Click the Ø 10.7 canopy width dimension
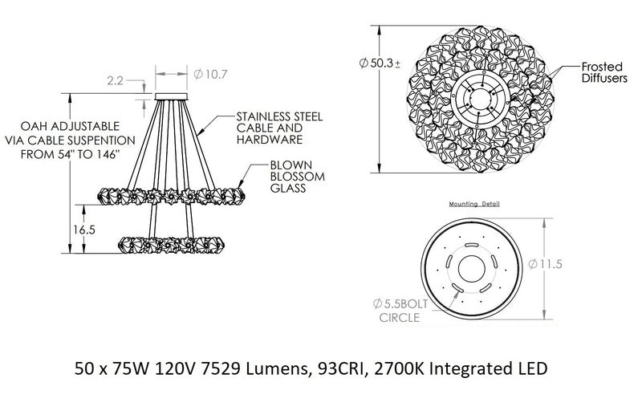click(x=210, y=75)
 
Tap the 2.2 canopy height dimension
click(x=115, y=80)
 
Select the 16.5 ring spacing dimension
click(x=84, y=230)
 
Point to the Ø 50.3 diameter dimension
click(x=380, y=63)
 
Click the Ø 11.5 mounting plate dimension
click(x=546, y=264)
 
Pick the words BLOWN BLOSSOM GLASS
click(x=297, y=177)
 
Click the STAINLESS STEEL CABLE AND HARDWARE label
click(x=279, y=128)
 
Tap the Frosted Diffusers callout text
click(x=604, y=72)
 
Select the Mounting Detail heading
click(x=474, y=204)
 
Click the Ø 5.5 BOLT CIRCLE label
click(x=400, y=311)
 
